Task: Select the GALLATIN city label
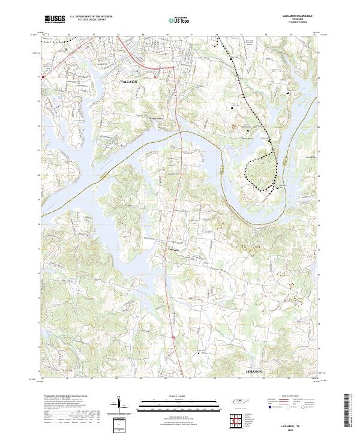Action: (129, 80)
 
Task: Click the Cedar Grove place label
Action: (157, 118)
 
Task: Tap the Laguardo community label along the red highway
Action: (173, 251)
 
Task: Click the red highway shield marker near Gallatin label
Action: (155, 77)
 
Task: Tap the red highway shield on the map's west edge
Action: (42, 77)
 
